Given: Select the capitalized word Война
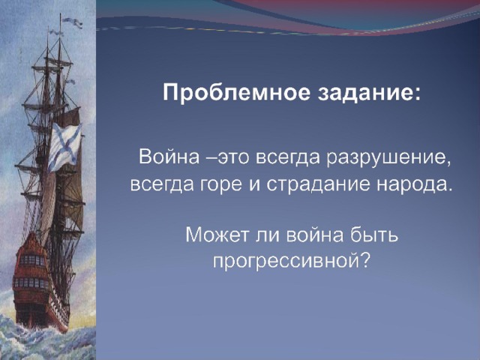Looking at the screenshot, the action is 169,157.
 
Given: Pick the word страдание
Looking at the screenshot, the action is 318,184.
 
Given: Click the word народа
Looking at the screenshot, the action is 414,185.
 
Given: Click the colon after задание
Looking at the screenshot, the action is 417,94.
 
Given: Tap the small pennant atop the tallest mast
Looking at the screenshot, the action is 72,22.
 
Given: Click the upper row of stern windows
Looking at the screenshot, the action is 33,260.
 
